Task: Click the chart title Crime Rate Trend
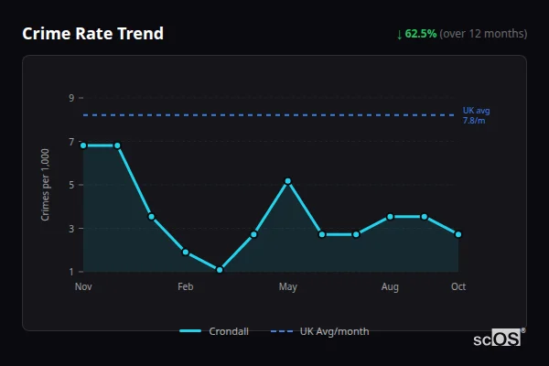click(92, 34)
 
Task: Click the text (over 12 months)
click(483, 34)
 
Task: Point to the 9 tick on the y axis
click(70, 97)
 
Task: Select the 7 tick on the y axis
click(70, 141)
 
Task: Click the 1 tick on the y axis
click(70, 272)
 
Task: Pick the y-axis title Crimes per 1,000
click(46, 185)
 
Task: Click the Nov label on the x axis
click(83, 287)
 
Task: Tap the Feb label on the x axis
click(186, 287)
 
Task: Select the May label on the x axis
click(288, 287)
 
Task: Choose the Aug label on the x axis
click(390, 287)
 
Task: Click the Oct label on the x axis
click(458, 287)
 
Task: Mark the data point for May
click(288, 181)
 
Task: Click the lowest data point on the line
click(220, 270)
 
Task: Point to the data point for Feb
click(186, 252)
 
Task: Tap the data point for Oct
click(458, 234)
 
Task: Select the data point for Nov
click(83, 145)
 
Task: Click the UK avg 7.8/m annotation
click(476, 115)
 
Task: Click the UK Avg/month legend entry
click(321, 331)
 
